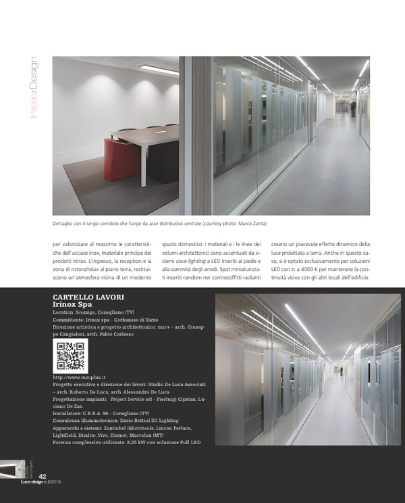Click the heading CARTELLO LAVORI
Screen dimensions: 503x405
point(88,297)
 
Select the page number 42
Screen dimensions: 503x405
point(42,477)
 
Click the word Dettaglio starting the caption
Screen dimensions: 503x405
point(65,222)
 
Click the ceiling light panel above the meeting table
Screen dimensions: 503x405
point(159,68)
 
